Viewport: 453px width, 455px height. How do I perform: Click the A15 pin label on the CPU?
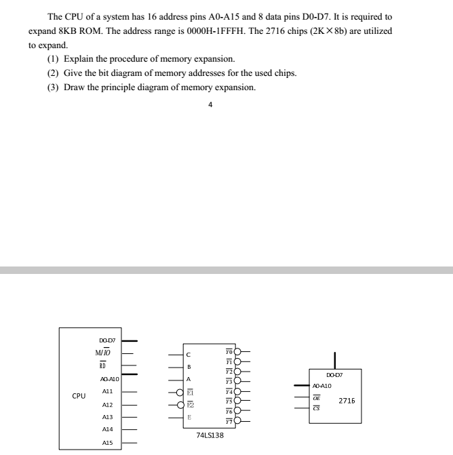pyautogui.click(x=106, y=442)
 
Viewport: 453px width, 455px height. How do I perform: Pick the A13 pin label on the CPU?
pyautogui.click(x=106, y=417)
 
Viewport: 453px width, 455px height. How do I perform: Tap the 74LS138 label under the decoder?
pyautogui.click(x=210, y=435)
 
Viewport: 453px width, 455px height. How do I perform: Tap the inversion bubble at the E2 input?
pyautogui.click(x=181, y=405)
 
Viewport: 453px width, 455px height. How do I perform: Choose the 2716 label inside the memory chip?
pyautogui.click(x=347, y=401)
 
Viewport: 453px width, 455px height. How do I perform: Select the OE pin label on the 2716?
pyautogui.click(x=317, y=399)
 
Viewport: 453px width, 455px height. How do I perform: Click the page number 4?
pyautogui.click(x=210, y=105)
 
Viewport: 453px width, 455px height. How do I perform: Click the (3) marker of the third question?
pyautogui.click(x=53, y=87)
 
